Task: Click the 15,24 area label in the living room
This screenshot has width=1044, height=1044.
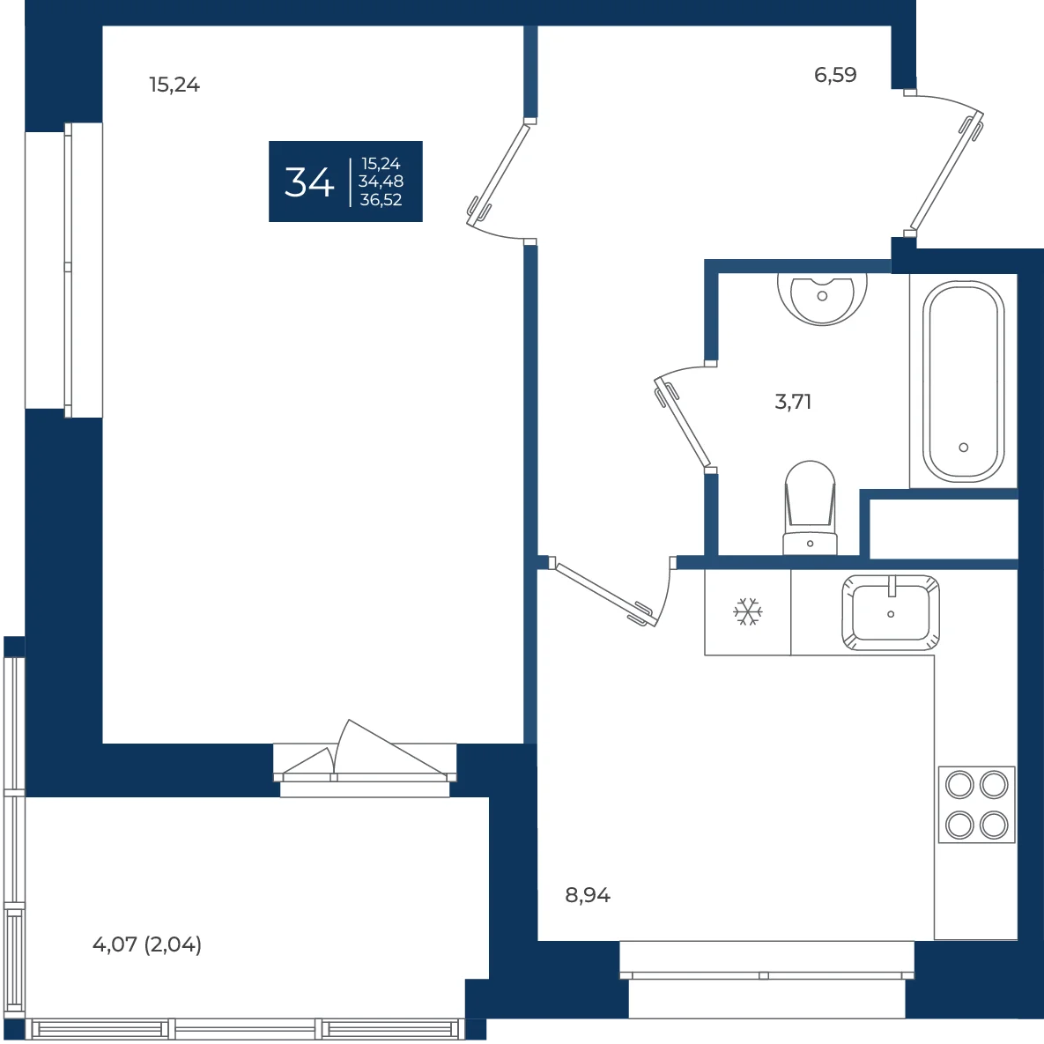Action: (174, 85)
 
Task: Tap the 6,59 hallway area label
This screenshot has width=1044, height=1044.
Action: (835, 75)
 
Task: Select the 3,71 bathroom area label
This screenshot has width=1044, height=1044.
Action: (793, 402)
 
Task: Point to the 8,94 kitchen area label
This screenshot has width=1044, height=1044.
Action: (588, 895)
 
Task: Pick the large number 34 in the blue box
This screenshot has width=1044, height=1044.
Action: (309, 181)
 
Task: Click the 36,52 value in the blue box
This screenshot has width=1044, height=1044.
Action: (381, 200)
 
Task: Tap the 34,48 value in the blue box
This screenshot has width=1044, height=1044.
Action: (381, 181)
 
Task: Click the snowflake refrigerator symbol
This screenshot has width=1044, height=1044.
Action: (748, 612)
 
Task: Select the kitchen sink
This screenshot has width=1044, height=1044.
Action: (891, 612)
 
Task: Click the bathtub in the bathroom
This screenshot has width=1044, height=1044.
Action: (964, 381)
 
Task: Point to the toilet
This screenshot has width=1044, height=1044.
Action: (811, 507)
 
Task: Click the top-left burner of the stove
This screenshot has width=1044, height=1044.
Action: (959, 785)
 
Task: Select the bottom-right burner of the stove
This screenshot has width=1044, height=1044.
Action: (994, 826)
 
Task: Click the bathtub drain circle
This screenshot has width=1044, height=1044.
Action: (964, 448)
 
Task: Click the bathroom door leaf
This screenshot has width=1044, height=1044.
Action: (683, 423)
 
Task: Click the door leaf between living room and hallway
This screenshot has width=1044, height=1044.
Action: (500, 170)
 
